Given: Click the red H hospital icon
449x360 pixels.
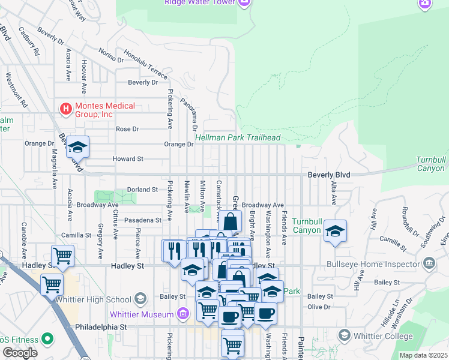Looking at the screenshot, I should tap(65, 109).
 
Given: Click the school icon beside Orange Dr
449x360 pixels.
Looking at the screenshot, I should tap(77, 146).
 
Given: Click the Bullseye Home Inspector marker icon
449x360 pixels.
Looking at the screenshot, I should tap(429, 263).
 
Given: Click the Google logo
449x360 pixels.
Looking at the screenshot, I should tap(20, 353).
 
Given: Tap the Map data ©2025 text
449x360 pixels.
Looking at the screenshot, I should tap(423, 355).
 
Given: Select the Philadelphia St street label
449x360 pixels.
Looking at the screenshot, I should tap(102, 328).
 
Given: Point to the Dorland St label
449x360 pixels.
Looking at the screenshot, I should tap(142, 190).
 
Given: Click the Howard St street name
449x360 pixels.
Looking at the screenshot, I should tap(128, 159).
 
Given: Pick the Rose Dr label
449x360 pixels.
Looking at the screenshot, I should tap(127, 129).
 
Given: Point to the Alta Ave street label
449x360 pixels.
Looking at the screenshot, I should tap(334, 191).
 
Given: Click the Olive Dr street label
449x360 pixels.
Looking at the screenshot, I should tap(319, 307).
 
